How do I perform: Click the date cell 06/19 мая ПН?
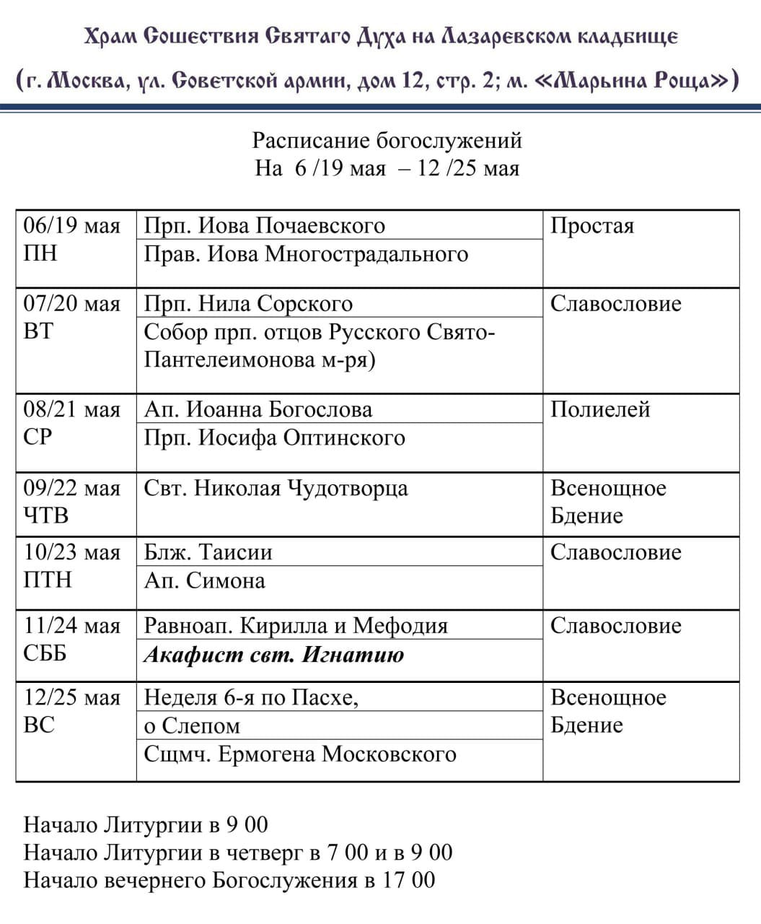coord(71,240)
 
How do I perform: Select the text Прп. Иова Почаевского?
coord(264,226)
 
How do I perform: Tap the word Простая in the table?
coord(591,226)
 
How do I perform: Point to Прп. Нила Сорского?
coord(248,304)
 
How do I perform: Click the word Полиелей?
coord(600,410)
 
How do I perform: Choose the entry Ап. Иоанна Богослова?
coord(258,410)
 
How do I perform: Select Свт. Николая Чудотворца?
coord(276,489)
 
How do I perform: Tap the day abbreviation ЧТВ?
coord(46,516)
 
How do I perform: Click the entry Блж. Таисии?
coord(208,553)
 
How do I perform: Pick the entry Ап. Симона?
coord(204,581)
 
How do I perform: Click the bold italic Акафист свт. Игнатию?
coord(274,655)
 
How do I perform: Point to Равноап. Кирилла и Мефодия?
coord(296,626)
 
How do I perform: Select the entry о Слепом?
coord(192,726)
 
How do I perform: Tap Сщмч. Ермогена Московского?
coord(300,754)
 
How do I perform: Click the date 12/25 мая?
coord(71,698)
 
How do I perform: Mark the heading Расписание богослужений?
coord(387,140)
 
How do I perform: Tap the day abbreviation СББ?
coord(45,653)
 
